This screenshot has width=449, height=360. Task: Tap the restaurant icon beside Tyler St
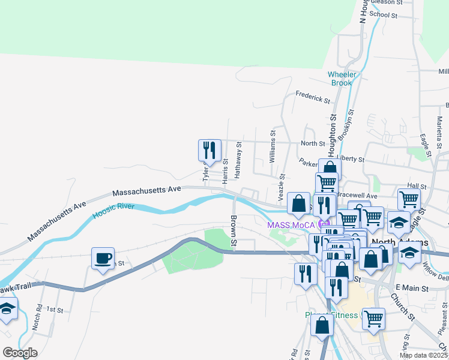tap(209, 150)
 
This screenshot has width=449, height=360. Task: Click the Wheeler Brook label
tap(342, 79)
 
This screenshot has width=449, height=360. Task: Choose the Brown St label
tap(234, 231)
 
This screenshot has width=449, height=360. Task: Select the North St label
tap(312, 144)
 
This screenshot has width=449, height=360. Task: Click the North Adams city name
tap(400, 242)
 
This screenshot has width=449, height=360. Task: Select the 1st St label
tap(55, 310)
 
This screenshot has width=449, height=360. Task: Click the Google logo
tap(20, 353)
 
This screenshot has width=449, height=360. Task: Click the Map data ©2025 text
tap(423, 355)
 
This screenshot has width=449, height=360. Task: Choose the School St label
tap(384, 14)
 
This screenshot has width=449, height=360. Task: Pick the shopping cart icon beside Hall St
tap(409, 199)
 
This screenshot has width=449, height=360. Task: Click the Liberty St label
tap(351, 159)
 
